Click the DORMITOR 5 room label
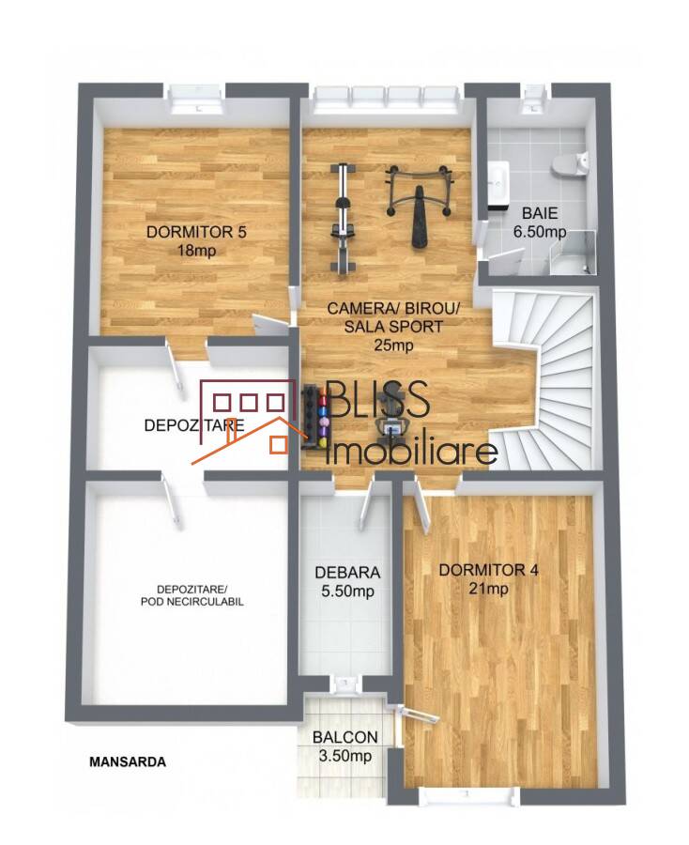[196, 232]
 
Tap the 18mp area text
[196, 251]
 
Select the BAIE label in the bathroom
[539, 213]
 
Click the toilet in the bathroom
[570, 162]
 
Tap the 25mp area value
[394, 345]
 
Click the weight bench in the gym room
[418, 205]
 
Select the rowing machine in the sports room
[342, 218]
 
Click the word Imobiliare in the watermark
[412, 453]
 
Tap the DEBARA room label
[347, 573]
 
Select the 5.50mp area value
[347, 591]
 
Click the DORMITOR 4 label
[488, 570]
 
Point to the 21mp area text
[488, 589]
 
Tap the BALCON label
[345, 737]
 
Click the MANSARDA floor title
[128, 762]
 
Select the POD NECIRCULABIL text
[192, 602]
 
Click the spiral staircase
[544, 380]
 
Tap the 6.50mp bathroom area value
[539, 232]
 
